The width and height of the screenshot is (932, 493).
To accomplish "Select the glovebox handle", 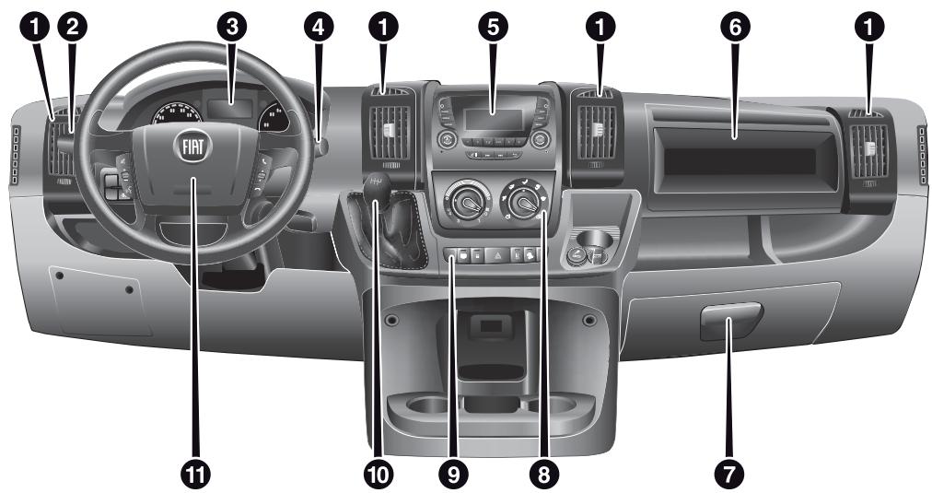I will (729, 323).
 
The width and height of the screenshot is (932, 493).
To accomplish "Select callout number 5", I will (495, 28).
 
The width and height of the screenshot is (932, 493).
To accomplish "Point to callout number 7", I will (729, 473).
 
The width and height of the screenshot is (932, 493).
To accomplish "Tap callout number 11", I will (194, 473).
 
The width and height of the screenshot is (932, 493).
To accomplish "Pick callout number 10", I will (377, 473).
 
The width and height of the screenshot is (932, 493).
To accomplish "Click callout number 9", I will (452, 473).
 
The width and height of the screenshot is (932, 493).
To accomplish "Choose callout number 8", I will (544, 473).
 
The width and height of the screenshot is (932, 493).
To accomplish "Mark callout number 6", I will (734, 28).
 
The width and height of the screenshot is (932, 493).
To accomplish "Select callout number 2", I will (72, 28).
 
